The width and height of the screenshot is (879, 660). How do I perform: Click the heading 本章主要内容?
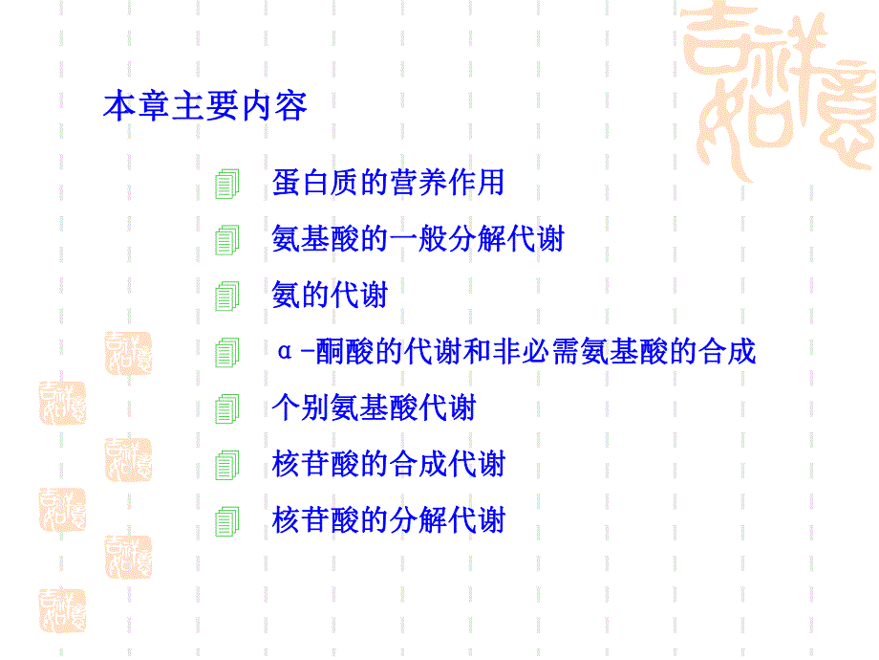[x=204, y=106]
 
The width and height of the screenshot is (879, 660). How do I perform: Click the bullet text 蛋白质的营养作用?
[x=388, y=182]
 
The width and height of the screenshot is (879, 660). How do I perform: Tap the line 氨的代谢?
[x=330, y=295]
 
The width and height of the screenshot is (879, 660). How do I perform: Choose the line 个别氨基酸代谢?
[x=374, y=408]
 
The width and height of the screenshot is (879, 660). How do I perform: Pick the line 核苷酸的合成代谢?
[x=388, y=465]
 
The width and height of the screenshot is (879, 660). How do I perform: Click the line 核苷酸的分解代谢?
[x=388, y=521]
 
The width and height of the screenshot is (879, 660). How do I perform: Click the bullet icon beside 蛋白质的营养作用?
[x=225, y=184]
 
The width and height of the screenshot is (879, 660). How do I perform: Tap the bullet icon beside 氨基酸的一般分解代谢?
[x=225, y=240]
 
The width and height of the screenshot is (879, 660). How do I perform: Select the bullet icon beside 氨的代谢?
[x=225, y=297]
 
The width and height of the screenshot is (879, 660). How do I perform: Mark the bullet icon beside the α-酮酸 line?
[x=225, y=353]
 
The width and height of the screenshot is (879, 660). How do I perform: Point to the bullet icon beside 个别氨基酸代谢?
[x=225, y=410]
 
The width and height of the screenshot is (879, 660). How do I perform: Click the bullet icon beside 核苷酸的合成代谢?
[x=225, y=467]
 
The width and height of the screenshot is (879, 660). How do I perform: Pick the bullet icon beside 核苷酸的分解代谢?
[x=225, y=523]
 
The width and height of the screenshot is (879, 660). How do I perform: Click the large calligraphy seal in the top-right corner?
[x=783, y=86]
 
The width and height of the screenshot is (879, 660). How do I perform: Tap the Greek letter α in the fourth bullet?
[x=283, y=352]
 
